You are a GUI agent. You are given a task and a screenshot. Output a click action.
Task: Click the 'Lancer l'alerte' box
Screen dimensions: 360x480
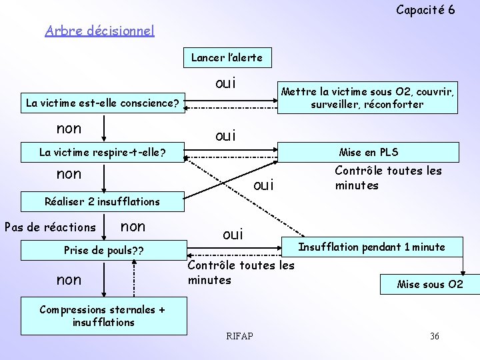tap(227, 57)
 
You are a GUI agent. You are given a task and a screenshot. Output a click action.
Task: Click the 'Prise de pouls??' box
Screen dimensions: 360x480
tap(104, 251)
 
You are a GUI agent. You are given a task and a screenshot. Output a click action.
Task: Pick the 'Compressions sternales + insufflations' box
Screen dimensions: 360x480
tap(104, 316)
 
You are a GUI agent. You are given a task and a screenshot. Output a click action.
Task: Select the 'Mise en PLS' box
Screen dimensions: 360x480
tap(368, 152)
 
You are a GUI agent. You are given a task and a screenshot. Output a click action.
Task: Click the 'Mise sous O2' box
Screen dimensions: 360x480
tap(429, 285)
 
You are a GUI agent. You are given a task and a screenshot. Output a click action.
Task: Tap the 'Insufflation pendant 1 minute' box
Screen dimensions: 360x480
tap(371, 247)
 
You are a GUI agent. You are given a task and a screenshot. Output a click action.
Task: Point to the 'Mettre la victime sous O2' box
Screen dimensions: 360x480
tap(367, 97)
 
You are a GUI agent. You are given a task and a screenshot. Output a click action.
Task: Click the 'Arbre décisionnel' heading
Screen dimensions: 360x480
tap(99, 31)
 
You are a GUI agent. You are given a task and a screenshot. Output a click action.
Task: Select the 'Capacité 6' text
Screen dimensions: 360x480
tap(425, 9)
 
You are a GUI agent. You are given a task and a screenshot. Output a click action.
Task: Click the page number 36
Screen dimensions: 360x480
tap(434, 336)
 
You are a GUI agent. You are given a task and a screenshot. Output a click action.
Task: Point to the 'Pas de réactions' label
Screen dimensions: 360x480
tap(50, 227)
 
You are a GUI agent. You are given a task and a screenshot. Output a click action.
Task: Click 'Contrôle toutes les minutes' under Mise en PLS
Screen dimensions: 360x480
tap(387, 178)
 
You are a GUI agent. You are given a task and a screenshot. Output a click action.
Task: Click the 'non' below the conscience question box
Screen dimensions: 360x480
tap(69, 128)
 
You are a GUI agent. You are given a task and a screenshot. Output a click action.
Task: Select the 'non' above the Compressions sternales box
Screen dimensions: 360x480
tap(69, 280)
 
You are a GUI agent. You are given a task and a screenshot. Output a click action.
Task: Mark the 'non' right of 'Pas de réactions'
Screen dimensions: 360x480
tap(133, 227)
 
